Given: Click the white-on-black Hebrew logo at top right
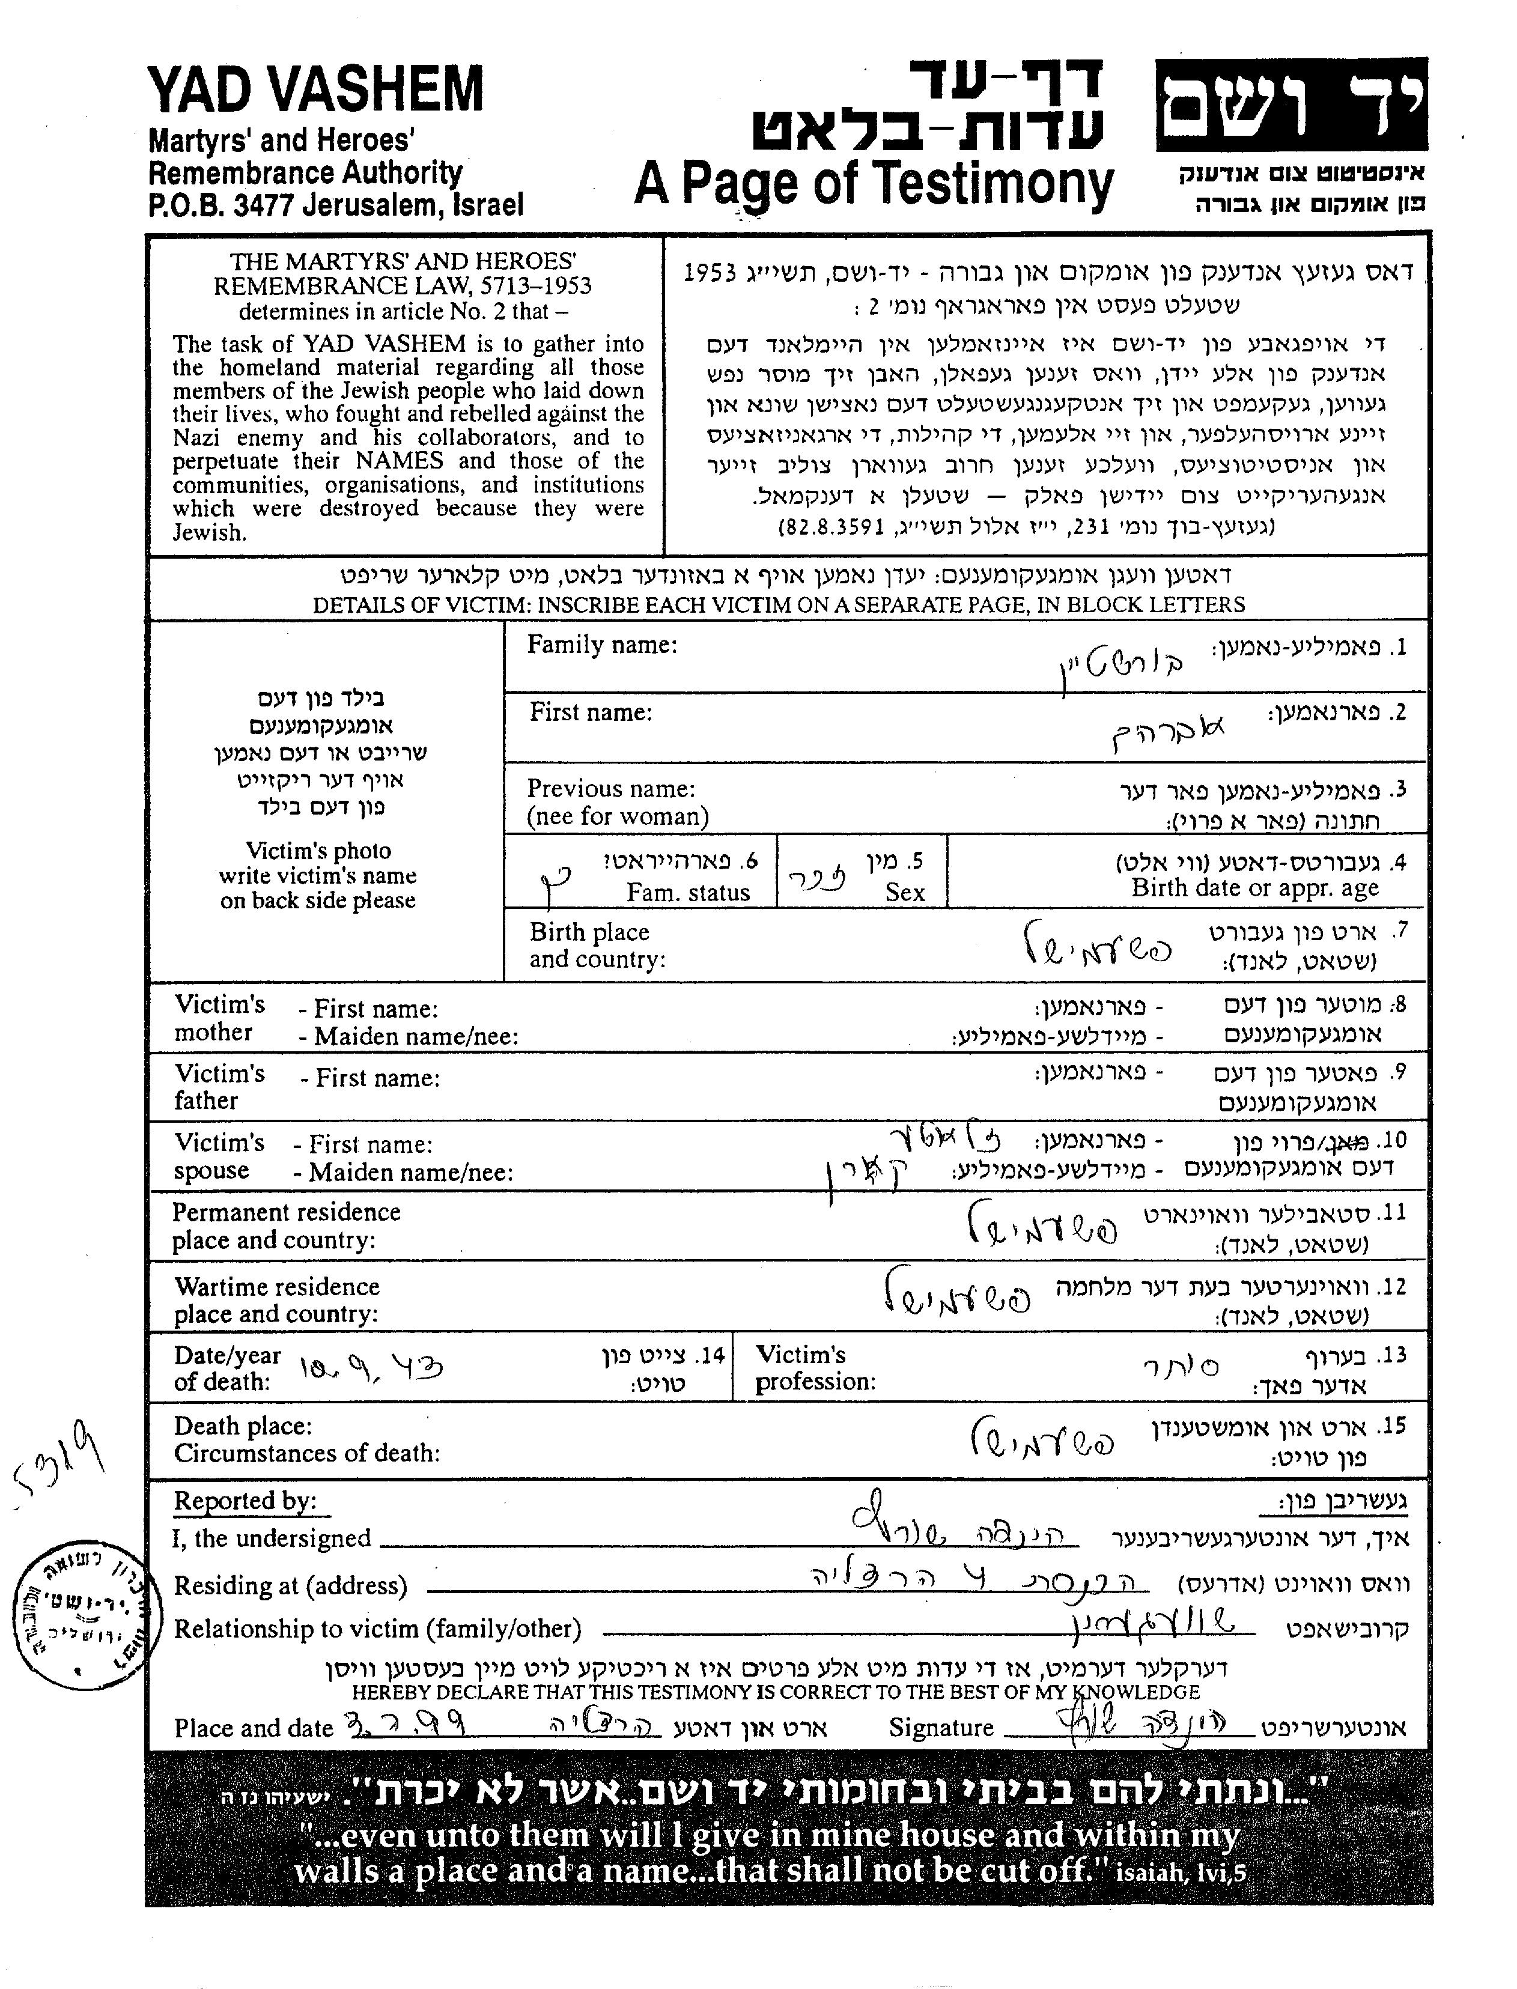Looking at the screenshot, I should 1291,106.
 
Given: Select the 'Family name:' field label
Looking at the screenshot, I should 601,645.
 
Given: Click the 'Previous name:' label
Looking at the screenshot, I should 612,788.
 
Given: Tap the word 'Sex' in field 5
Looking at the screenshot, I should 905,892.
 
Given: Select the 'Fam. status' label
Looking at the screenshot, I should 688,892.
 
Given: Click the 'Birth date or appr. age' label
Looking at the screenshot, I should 1254,887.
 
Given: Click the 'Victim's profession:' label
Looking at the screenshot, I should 815,1368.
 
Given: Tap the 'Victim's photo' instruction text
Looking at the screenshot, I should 318,851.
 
